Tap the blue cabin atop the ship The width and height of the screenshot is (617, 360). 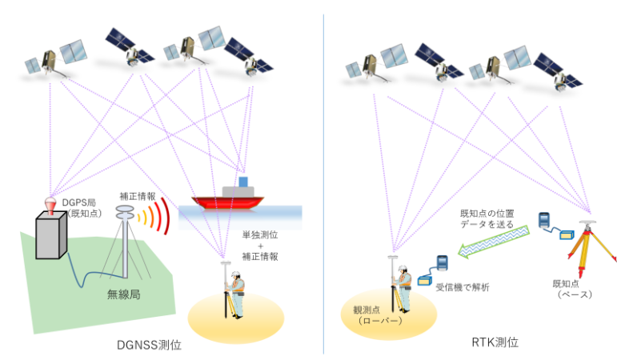click(243, 182)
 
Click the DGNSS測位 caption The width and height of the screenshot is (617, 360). click(149, 345)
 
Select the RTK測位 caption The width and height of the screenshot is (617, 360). click(495, 342)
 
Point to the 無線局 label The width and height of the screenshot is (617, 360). click(123, 294)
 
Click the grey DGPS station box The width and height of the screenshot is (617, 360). click(51, 235)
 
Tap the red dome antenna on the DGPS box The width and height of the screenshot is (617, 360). click(50, 206)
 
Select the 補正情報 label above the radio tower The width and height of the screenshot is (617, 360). click(138, 196)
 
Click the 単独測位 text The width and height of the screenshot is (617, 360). click(260, 235)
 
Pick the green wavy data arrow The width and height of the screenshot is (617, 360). click(494, 242)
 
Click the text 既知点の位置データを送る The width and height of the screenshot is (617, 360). click(487, 218)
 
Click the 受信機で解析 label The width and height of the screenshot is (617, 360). click(463, 287)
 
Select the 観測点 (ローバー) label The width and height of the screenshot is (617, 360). click(378, 315)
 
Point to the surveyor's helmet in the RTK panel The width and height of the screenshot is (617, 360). click(403, 269)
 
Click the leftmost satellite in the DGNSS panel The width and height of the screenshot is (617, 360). click(56, 59)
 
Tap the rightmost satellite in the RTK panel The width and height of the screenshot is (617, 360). click(558, 73)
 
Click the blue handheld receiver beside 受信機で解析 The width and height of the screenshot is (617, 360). click(443, 262)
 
